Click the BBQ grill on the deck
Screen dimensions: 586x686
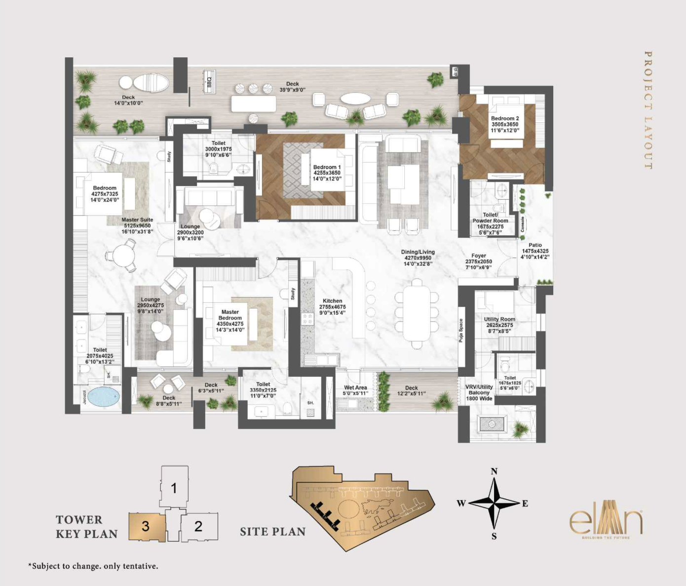point(209,80)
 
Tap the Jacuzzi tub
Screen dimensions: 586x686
point(103,397)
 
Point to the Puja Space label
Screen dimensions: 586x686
point(461,330)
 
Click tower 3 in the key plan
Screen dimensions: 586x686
point(146,526)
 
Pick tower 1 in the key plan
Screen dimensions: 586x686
point(174,488)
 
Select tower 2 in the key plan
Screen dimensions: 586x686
point(198,526)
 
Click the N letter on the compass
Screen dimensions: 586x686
point(494,472)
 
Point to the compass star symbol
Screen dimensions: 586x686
point(494,504)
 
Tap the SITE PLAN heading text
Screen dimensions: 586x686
point(272,532)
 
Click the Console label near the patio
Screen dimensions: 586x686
point(523,224)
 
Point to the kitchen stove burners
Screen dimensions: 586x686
point(307,319)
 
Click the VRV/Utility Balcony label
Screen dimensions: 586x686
point(479,393)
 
